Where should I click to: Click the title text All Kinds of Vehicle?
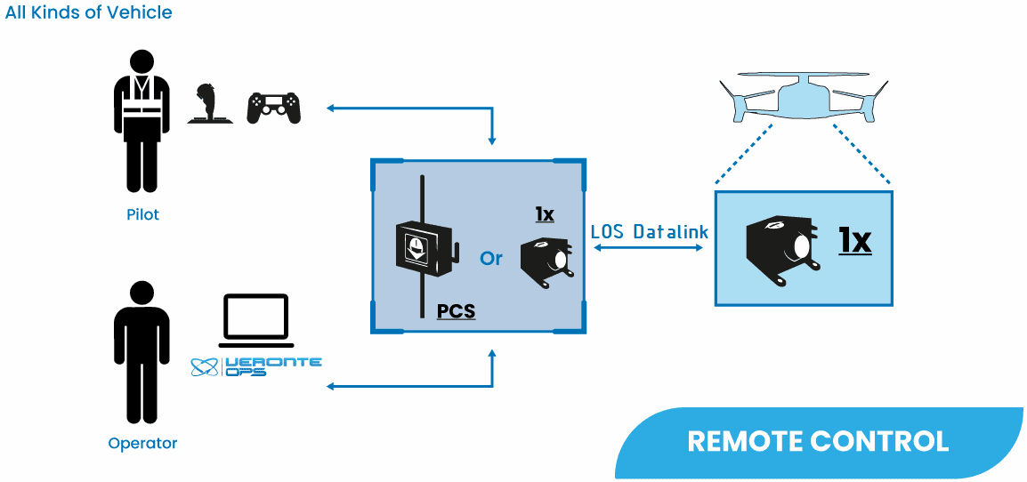click(89, 12)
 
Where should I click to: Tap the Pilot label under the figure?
click(142, 215)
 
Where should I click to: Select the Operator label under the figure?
click(142, 443)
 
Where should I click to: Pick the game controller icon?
click(273, 108)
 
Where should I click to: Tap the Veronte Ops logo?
click(257, 366)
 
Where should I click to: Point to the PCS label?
click(456, 312)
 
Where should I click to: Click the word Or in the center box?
click(491, 258)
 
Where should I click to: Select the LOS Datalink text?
click(650, 232)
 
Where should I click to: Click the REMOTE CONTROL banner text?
click(818, 441)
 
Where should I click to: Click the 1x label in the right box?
click(854, 240)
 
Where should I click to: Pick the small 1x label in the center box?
click(545, 214)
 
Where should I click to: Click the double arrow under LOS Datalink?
click(649, 248)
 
